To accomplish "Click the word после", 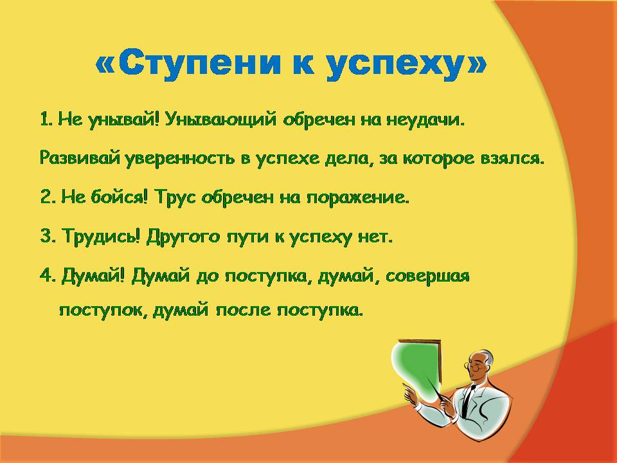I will [242, 311].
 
